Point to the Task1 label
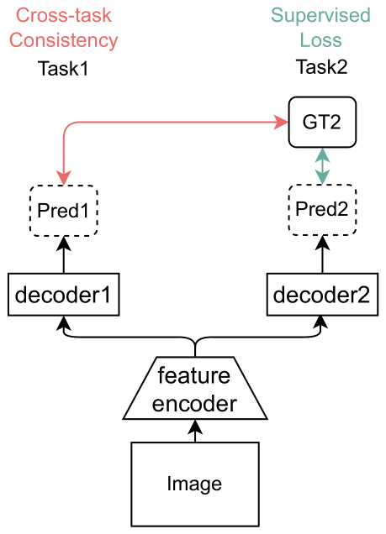(x=63, y=69)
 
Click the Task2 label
(x=321, y=67)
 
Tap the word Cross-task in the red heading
(x=64, y=15)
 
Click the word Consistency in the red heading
(x=63, y=40)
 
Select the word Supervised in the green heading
(x=320, y=15)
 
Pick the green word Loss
(x=320, y=40)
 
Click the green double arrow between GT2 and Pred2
(x=322, y=166)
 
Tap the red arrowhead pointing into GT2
(x=281, y=123)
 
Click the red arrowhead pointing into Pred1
(x=64, y=178)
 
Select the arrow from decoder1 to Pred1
(x=64, y=254)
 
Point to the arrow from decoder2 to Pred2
(x=322, y=254)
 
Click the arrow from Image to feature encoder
(x=195, y=431)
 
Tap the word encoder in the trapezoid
(x=194, y=404)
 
